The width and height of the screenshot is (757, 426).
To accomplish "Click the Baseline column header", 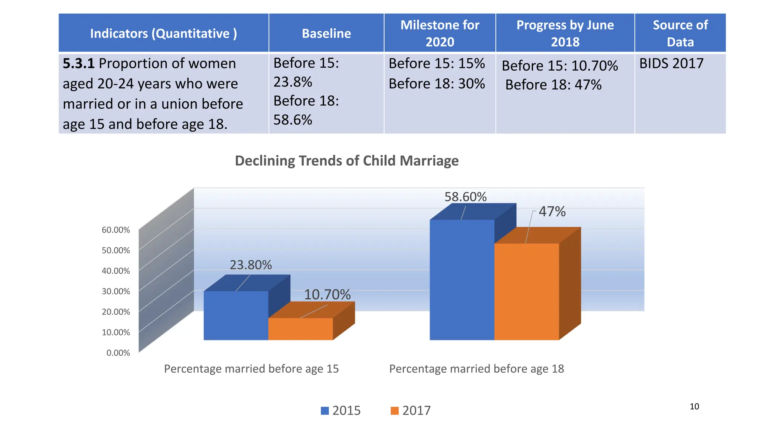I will (x=326, y=33).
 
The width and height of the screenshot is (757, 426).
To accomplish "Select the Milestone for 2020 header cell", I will (x=439, y=33).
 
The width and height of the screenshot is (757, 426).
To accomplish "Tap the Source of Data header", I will (x=680, y=33).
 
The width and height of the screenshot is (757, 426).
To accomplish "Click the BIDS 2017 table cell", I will (x=671, y=64).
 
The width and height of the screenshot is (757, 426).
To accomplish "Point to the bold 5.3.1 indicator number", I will (x=78, y=64).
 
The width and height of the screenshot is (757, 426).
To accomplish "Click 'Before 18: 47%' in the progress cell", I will (x=553, y=85).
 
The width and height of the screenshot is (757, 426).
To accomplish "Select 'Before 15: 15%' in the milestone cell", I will (x=437, y=64).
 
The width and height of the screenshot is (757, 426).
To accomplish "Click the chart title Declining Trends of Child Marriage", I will (x=347, y=161).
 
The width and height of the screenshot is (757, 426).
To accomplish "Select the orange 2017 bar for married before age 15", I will (x=300, y=329).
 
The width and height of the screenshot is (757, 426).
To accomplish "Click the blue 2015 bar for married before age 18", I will (x=462, y=280).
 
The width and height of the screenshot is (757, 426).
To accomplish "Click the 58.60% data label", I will (x=465, y=197).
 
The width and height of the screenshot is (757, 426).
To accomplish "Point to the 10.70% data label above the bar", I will (x=327, y=295).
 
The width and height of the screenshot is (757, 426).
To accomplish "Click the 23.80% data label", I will (x=251, y=265).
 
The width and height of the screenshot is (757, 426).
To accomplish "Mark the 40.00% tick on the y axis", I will (x=116, y=271).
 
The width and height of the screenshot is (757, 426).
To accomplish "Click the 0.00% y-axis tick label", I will (x=118, y=353).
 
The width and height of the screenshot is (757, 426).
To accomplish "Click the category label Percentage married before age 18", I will (x=476, y=369).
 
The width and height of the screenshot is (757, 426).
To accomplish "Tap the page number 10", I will (x=694, y=406).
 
